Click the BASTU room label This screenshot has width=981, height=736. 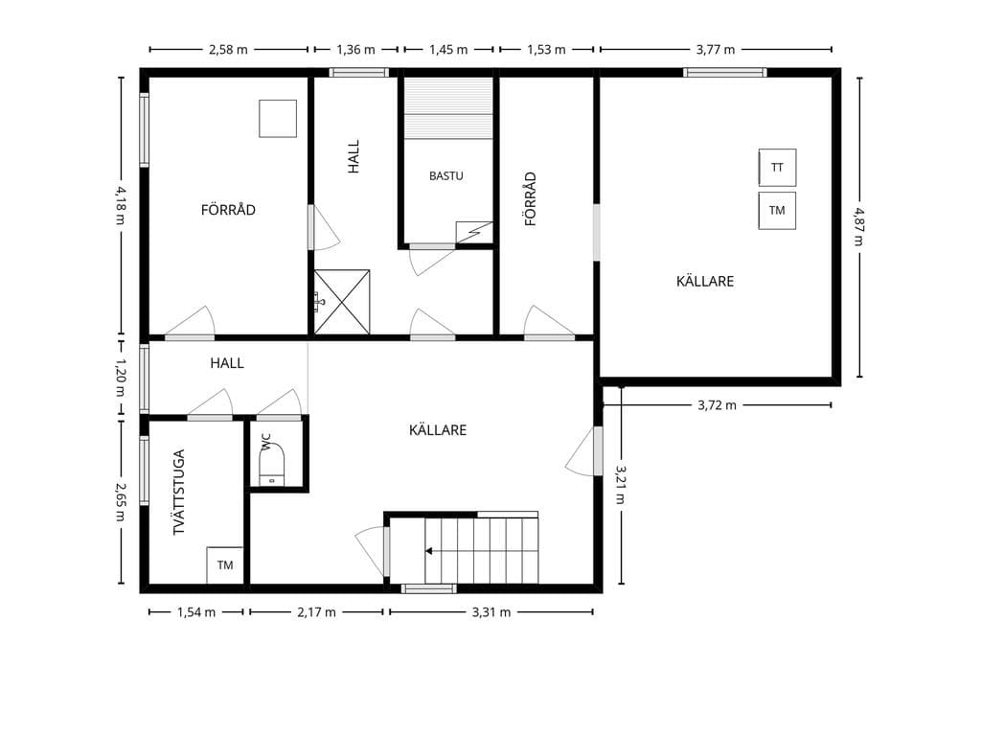pos(446,176)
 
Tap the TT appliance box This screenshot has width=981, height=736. pos(777,168)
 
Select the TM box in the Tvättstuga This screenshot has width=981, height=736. pos(225,565)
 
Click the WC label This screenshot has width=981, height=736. pos(266,442)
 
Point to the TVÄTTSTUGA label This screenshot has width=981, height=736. pos(179,493)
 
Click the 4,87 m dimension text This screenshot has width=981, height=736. pos(857,226)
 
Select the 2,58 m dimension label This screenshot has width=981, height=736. pos(228,50)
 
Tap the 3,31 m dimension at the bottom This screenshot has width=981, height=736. pos(491,612)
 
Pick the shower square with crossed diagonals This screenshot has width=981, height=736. pos(342,302)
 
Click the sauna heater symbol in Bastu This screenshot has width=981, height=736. pos(474,232)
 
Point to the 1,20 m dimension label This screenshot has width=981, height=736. pos(120,378)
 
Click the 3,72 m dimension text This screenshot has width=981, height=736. pos(717,405)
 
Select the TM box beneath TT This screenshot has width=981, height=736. pos(777,211)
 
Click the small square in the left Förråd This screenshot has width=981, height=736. pos(278,118)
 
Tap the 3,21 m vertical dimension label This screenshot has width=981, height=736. pos(620,484)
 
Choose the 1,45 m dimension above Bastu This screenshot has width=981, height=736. pos(448,50)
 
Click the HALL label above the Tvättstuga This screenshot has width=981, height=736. pos(227,363)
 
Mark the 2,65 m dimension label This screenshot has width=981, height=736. pos(120,501)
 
